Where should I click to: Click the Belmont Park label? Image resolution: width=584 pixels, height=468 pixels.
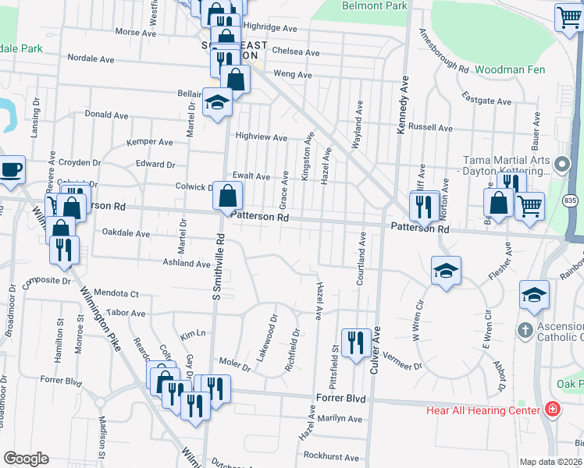point(375,6)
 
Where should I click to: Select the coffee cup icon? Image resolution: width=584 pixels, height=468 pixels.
point(11,170)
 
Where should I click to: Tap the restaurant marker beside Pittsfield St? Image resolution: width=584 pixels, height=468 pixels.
point(355,342)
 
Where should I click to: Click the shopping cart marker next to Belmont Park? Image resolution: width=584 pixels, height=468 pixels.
point(568,16)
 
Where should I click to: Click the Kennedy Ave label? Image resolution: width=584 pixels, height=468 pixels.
point(404,105)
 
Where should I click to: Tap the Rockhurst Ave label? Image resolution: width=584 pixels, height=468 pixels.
point(331,457)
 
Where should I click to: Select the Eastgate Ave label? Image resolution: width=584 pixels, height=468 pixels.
point(486,101)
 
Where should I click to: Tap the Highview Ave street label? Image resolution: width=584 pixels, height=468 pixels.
point(262,136)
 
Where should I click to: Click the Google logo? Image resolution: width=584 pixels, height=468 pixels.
point(26,459)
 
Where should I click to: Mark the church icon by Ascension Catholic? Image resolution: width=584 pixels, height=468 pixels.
point(526,331)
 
